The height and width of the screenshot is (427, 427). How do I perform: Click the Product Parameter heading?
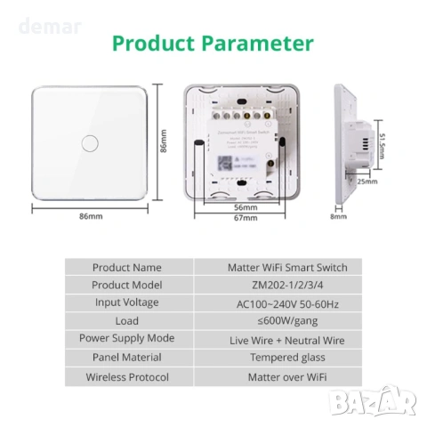213,44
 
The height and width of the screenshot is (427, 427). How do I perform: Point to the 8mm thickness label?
338,216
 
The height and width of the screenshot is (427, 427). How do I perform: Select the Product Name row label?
127,267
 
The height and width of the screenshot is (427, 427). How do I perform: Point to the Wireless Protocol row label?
127,376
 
